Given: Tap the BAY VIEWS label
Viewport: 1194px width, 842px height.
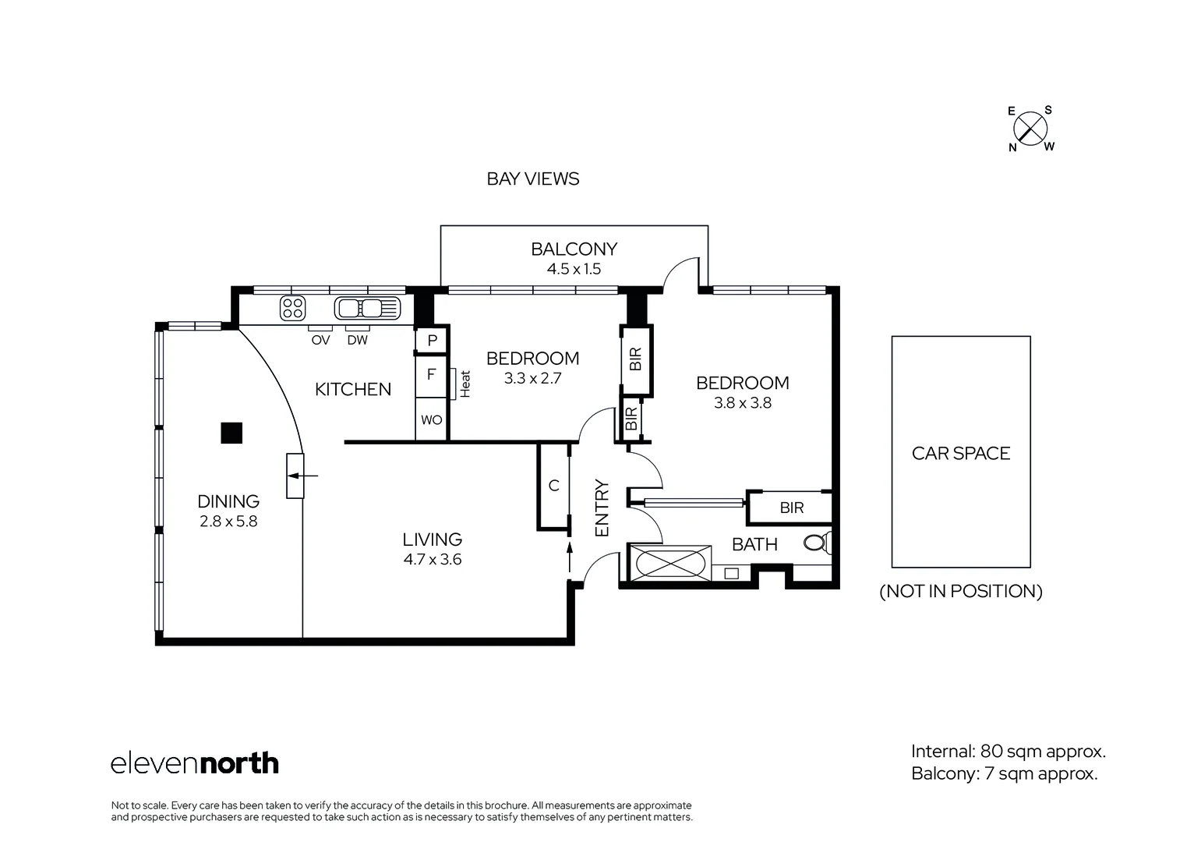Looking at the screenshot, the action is tap(532, 179).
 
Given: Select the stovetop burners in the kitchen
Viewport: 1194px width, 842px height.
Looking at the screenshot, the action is tap(292, 308).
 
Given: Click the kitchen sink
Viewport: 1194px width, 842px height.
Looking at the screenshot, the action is tap(367, 308).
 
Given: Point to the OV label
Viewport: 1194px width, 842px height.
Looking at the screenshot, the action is tap(320, 340).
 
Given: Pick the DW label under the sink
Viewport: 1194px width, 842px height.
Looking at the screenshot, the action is tap(357, 340).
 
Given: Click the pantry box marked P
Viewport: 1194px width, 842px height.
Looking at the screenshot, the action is tap(431, 340).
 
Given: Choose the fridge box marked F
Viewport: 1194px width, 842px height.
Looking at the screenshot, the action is tap(431, 376).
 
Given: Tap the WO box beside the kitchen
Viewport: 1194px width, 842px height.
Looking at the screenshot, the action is tap(431, 419).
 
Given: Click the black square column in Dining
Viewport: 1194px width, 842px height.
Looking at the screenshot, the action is tap(231, 433).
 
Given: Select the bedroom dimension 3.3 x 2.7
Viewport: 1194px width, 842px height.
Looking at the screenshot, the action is tap(532, 378).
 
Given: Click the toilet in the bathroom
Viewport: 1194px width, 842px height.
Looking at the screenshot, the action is tap(817, 543).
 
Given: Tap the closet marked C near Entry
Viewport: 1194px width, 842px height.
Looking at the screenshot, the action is tap(553, 486).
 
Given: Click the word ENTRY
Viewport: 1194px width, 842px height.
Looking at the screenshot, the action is tap(601, 508).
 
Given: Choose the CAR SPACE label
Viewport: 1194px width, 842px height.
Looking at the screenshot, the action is tap(960, 453).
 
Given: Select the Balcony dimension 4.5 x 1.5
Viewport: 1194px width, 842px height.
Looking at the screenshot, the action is tap(574, 269).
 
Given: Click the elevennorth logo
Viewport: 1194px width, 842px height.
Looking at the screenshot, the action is tap(195, 762).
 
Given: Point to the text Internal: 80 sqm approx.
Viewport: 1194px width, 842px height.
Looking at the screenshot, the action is tap(1009, 752).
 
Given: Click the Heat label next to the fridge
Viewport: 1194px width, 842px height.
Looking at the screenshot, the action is tap(465, 384).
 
